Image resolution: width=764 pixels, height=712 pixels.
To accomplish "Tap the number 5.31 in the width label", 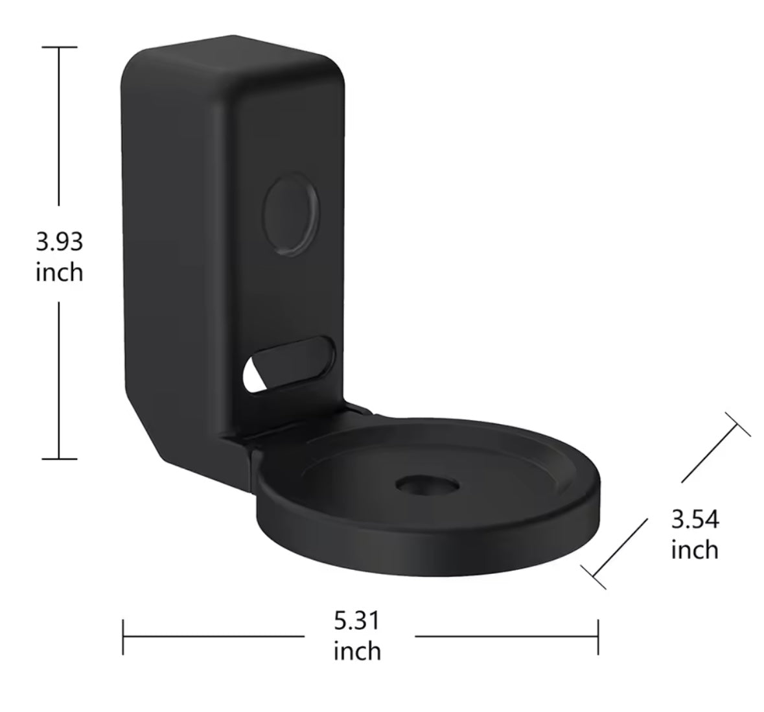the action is coord(356,621).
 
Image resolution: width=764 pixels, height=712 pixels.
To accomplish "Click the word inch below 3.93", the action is coord(60,272).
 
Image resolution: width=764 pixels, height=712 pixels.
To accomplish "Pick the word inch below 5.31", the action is coord(357,651).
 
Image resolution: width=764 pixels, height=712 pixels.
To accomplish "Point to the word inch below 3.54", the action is coord(695,550).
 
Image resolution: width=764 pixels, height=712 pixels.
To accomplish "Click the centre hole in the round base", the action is coord(427,485).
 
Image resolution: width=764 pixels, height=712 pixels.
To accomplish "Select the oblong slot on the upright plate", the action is coord(288,364).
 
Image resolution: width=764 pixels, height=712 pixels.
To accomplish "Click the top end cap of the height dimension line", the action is coord(60,47).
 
